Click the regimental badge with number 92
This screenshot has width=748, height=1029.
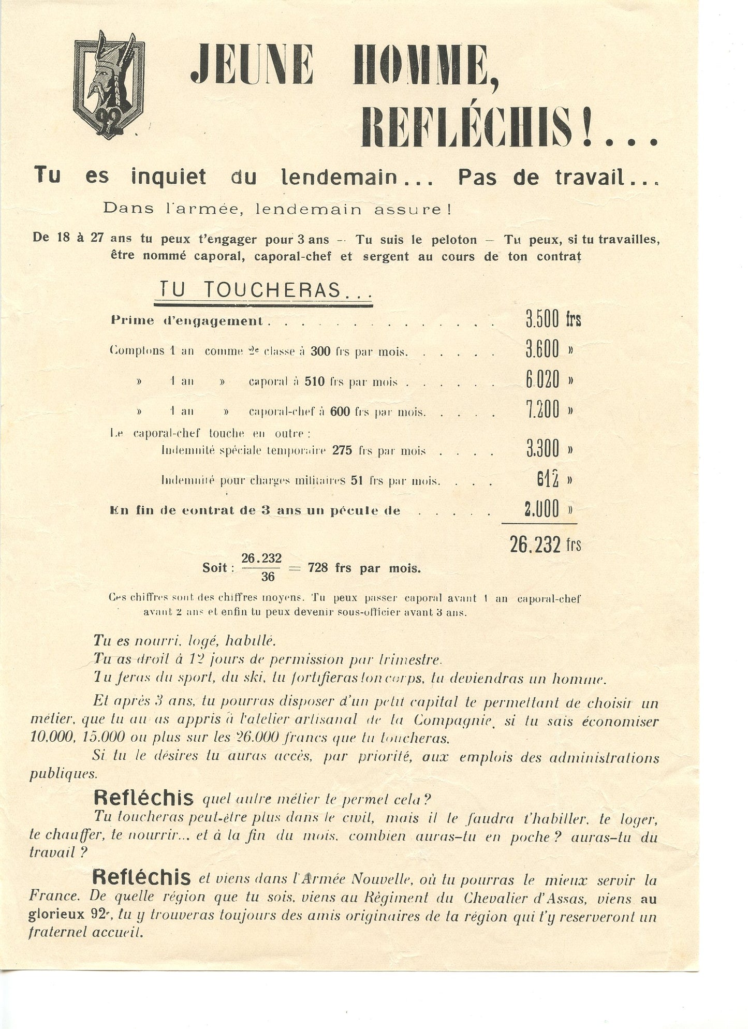point(109,85)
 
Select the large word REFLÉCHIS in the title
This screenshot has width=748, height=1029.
point(466,127)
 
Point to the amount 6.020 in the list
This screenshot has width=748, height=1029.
point(542,380)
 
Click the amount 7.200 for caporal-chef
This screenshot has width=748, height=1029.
point(542,410)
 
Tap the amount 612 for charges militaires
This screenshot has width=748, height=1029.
point(548,480)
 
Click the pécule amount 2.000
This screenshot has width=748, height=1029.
point(541,510)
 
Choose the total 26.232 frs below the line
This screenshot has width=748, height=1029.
point(545,545)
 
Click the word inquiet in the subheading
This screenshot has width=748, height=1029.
point(168,177)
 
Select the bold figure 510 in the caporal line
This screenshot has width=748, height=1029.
point(314,382)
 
